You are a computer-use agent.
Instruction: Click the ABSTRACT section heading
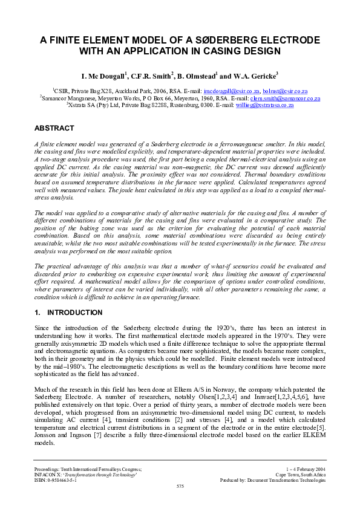[x=54, y=129]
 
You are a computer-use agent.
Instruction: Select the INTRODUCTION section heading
[x=74, y=313]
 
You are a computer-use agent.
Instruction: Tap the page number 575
[x=180, y=485]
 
